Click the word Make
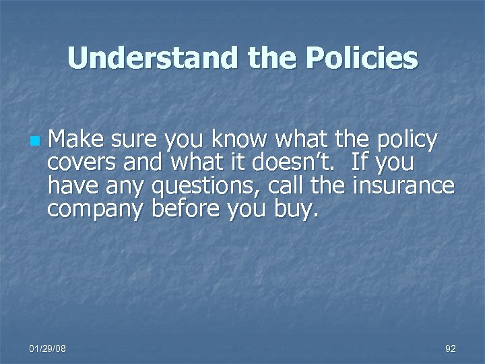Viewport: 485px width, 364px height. click(x=74, y=140)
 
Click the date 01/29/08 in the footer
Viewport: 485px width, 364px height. click(x=48, y=348)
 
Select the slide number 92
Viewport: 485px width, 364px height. click(x=451, y=348)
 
